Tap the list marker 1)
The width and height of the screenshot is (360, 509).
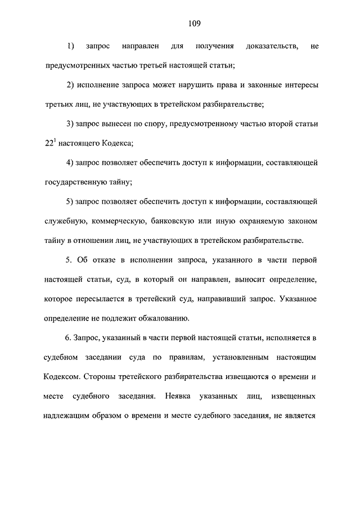point(71,45)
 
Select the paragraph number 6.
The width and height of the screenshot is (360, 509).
point(69,338)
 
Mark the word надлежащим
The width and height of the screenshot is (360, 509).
point(68,417)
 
